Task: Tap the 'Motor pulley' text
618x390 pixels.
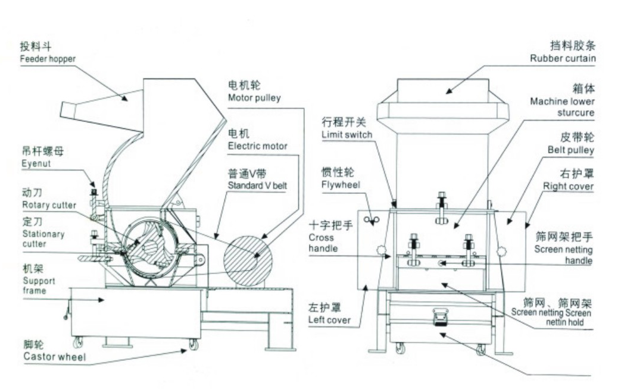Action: [x=254, y=97]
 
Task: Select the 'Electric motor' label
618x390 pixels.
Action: [x=258, y=146]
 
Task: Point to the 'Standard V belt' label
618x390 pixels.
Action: [x=257, y=185]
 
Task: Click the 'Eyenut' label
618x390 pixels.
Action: [x=35, y=163]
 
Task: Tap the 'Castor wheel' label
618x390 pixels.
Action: [x=54, y=357]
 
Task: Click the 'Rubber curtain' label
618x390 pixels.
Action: [x=563, y=58]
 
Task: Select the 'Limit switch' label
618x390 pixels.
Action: [x=347, y=134]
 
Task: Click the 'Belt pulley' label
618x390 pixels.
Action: [x=571, y=150]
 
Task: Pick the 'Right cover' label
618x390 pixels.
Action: [x=568, y=186]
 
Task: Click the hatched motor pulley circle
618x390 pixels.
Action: [x=248, y=258]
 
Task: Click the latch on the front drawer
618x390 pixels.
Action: [x=440, y=318]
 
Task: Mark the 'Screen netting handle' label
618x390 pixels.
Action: [x=563, y=254]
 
